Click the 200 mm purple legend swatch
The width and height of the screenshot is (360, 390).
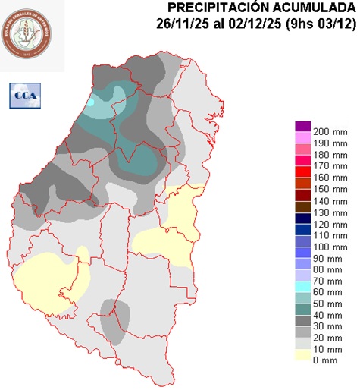coord(302,127)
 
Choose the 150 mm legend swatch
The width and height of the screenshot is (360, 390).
coord(302,189)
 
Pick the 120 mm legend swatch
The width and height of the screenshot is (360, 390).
coord(302,225)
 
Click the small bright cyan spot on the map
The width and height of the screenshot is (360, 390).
coord(91,101)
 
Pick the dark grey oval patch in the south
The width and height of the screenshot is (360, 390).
coord(115,319)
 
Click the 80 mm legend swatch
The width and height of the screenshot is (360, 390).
coord(302,271)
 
